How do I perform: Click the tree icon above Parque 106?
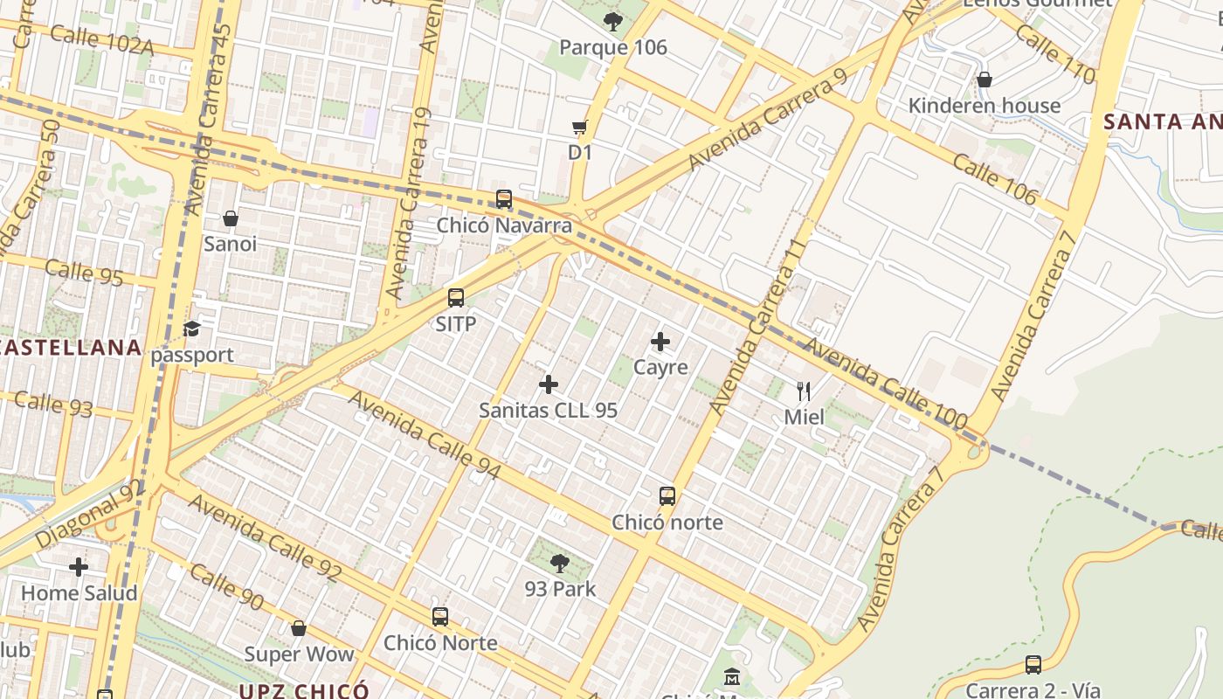coord(612,21)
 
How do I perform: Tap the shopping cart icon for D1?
coord(579,128)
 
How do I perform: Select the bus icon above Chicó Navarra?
coord(504,199)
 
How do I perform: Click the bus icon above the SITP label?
coord(456,298)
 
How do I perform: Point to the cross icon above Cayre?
coord(660,342)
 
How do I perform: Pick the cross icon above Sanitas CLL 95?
coord(549,384)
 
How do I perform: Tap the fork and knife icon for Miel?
coord(804,391)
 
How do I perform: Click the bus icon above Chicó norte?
coord(667,496)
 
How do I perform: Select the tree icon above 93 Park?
coord(560,564)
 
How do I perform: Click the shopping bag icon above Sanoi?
coord(231,218)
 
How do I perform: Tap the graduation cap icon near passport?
coord(192,329)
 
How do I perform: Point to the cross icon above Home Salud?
coord(79,568)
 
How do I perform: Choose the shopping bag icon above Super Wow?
coord(299,628)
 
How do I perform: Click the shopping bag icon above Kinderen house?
coord(985,80)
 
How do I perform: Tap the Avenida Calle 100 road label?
coord(884,384)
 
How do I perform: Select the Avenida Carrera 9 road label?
coord(768,119)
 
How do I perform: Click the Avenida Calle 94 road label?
coord(425,435)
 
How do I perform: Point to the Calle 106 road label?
coord(994,180)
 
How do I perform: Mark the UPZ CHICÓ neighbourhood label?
coord(304,691)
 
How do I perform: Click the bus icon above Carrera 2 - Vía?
coord(1033,665)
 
